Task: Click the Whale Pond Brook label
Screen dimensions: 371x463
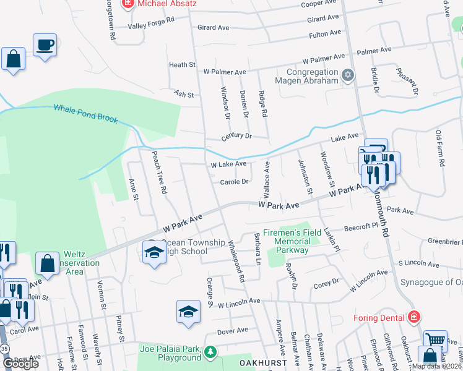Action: (x=85, y=113)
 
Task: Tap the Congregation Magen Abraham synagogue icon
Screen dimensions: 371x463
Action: (x=348, y=75)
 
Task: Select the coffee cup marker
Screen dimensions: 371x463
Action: (x=45, y=45)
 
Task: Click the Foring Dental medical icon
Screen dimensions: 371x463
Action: (x=413, y=318)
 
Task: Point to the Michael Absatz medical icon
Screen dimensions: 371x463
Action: (x=128, y=4)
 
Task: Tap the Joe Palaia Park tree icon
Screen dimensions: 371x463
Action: (x=210, y=352)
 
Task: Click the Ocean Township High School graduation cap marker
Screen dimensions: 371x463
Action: (x=154, y=252)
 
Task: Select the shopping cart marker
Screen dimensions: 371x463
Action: (x=435, y=339)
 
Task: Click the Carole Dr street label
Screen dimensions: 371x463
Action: (x=234, y=182)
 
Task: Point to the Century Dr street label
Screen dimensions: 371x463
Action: (x=237, y=136)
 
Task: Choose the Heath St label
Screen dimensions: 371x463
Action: (x=182, y=65)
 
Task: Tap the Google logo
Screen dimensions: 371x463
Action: (x=20, y=363)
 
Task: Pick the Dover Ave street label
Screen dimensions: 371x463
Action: (x=233, y=331)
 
